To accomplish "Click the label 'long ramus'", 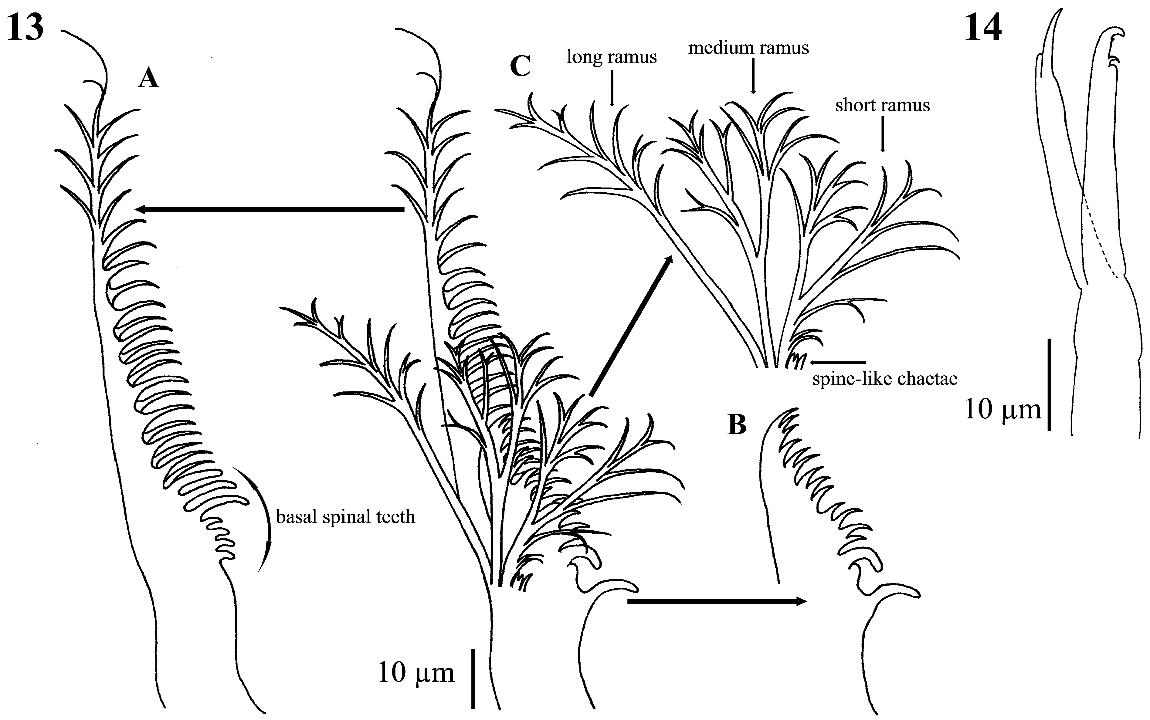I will pos(612,57).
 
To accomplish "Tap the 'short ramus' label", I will pos(882,105).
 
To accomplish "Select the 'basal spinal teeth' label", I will pos(345,517).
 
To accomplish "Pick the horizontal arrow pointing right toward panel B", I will pos(716,601).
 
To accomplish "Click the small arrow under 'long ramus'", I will pos(612,88).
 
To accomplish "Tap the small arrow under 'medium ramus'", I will pos(753,76).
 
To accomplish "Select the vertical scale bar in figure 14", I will pos(1049,385).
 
